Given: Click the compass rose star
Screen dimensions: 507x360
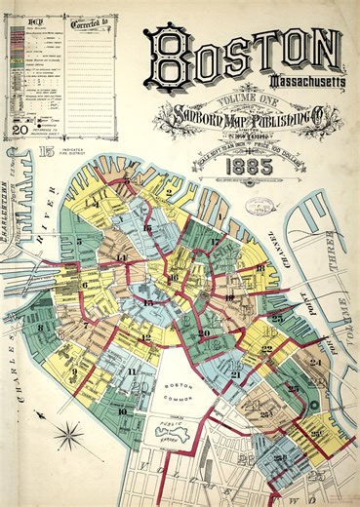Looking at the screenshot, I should tap(70, 432).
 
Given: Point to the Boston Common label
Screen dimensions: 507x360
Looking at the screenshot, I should tap(180, 388).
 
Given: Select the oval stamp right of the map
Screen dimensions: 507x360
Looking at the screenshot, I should tap(260, 206).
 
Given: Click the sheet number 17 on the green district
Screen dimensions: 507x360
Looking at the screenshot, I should tap(215, 240).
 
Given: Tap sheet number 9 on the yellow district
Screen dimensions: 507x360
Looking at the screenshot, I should tap(73, 371).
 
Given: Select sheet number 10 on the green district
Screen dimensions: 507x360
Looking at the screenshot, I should tap(121, 410).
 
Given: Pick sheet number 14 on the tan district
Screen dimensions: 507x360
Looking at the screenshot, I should tap(121, 257).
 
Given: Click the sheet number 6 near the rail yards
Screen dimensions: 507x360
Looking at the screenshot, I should tap(84, 285).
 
